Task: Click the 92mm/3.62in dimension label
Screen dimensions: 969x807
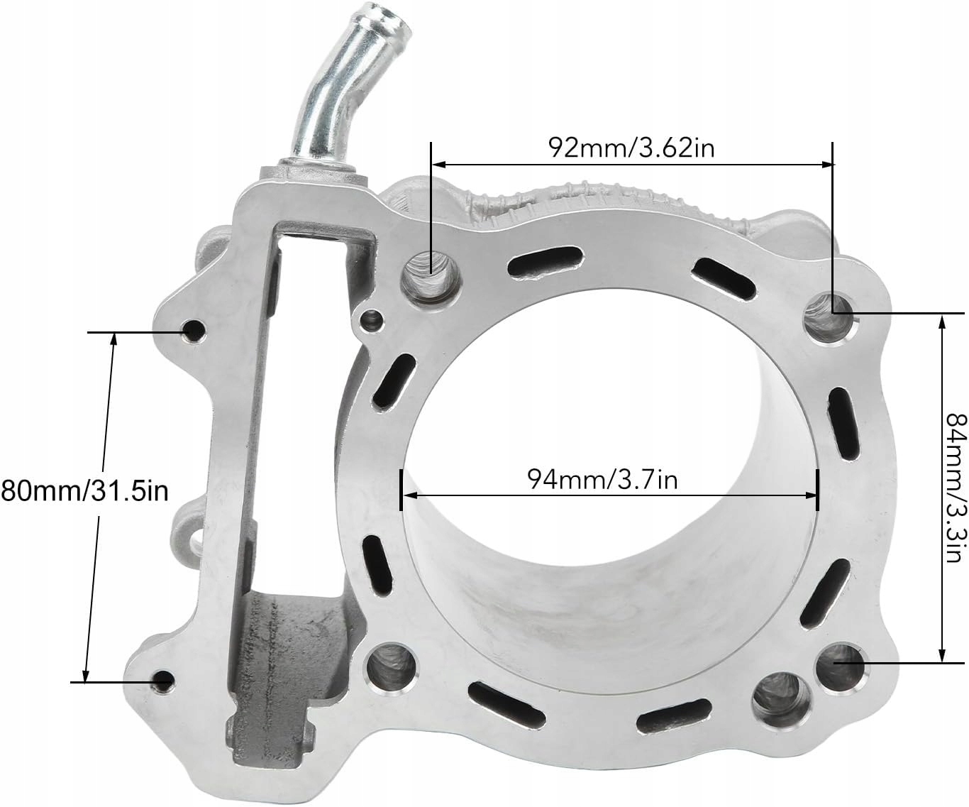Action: point(631,147)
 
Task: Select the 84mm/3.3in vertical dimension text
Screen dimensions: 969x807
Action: point(956,488)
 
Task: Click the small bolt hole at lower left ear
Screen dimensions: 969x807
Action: point(165,681)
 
